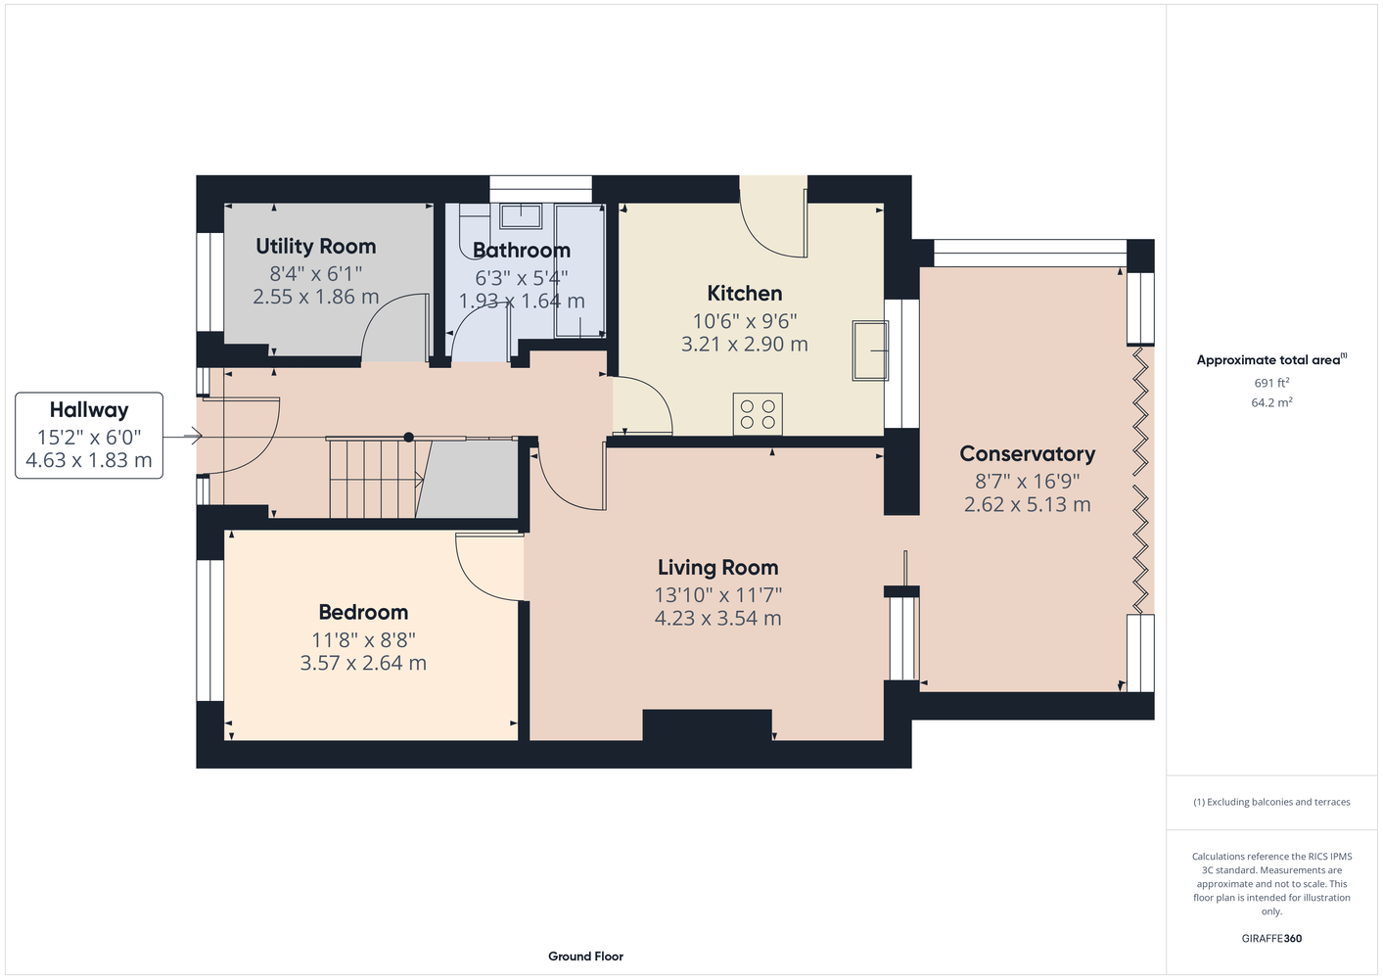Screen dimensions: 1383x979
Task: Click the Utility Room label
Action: tap(315, 247)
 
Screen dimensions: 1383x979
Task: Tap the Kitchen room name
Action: tap(744, 294)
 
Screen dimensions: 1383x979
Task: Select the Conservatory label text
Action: tap(1027, 454)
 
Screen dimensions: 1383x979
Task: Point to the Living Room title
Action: tap(717, 568)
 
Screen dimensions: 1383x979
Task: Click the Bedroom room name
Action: tap(363, 612)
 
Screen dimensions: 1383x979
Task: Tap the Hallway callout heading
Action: tap(89, 409)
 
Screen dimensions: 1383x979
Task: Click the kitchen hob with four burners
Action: tap(758, 414)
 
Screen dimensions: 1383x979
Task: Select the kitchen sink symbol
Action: tap(870, 350)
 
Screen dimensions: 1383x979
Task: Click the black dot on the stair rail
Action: tap(409, 438)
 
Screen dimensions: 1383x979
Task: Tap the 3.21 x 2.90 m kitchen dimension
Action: tap(744, 344)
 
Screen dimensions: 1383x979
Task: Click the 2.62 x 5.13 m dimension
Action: tap(1027, 504)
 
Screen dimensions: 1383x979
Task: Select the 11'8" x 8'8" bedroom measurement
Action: tap(363, 639)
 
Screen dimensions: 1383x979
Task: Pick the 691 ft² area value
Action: tap(1271, 383)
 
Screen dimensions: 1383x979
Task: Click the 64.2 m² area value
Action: tap(1271, 402)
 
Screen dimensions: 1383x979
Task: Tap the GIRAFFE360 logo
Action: tap(1271, 938)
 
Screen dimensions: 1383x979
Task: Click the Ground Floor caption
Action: tap(585, 956)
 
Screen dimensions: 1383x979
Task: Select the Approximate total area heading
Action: tap(1271, 360)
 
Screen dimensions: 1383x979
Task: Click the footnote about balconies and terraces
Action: tap(1271, 802)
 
